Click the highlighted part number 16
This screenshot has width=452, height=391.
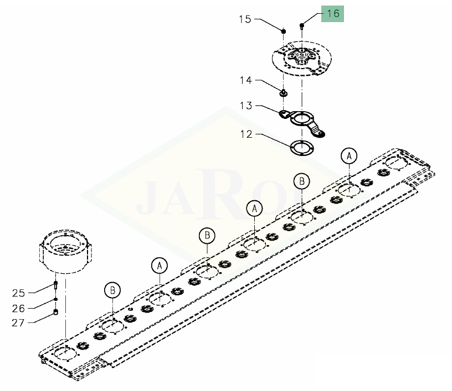pyautogui.click(x=333, y=13)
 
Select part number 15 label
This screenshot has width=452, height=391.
pyautogui.click(x=245, y=19)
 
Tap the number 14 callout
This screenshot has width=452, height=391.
pyautogui.click(x=246, y=80)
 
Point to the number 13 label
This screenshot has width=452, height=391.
pyautogui.click(x=246, y=106)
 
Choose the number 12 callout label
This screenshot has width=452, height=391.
pyautogui.click(x=246, y=134)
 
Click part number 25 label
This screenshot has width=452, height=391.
pyautogui.click(x=19, y=293)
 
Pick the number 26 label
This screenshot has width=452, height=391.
pyautogui.click(x=18, y=309)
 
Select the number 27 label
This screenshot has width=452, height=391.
pyautogui.click(x=18, y=323)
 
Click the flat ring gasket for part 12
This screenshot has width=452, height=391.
pyautogui.click(x=302, y=148)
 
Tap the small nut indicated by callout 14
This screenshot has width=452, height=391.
pyautogui.click(x=284, y=93)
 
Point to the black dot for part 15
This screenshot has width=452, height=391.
pyautogui.click(x=284, y=31)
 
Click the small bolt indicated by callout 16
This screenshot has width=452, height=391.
pyautogui.click(x=302, y=26)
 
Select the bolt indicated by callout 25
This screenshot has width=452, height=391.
pyautogui.click(x=55, y=285)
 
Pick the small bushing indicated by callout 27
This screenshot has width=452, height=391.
pyautogui.click(x=56, y=312)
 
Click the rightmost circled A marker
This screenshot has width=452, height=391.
pyautogui.click(x=349, y=156)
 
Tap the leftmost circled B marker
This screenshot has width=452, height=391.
pyautogui.click(x=112, y=290)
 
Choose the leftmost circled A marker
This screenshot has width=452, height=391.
pyautogui.click(x=160, y=266)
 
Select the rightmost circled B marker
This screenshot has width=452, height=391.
pyautogui.click(x=302, y=181)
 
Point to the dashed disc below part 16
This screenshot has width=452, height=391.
pyautogui.click(x=302, y=59)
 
